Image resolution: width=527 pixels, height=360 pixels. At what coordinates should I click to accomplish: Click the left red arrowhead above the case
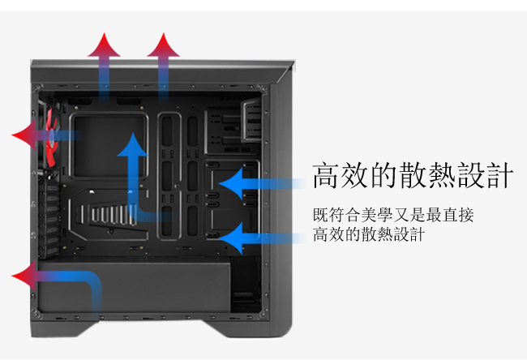tap(105, 45)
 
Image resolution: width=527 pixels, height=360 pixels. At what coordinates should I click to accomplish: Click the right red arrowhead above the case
tap(163, 45)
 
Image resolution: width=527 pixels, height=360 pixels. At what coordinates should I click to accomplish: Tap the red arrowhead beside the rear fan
tap(24, 135)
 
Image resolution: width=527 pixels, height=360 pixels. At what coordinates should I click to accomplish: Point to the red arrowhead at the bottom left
tap(24, 276)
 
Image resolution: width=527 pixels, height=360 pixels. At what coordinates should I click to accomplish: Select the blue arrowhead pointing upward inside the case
tap(133, 145)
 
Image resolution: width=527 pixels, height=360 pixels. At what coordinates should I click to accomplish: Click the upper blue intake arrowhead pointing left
tap(231, 184)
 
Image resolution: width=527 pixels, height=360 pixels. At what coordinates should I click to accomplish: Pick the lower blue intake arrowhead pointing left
tap(231, 238)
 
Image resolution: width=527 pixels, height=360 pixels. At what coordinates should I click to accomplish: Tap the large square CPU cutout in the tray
tap(109, 146)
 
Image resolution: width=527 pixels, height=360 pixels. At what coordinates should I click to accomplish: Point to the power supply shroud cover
tap(135, 286)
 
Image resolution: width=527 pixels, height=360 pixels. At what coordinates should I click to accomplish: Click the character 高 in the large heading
tap(325, 175)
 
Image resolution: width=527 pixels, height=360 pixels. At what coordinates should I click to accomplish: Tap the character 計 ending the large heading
tap(499, 175)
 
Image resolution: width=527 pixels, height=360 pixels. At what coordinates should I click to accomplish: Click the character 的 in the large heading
tap(383, 175)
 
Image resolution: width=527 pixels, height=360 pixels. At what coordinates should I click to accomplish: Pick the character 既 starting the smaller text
tap(319, 215)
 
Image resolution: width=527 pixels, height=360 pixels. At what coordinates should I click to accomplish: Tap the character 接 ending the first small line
tap(466, 215)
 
